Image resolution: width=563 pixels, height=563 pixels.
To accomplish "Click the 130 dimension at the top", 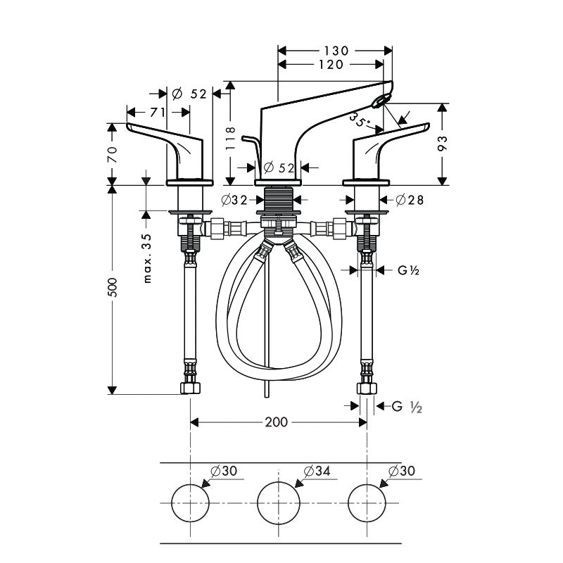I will pos(336,50).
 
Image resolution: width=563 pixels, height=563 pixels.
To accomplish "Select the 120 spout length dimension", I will pos(329,65).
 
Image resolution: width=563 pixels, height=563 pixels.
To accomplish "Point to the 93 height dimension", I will pos(441,144).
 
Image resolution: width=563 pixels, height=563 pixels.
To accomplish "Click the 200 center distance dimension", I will pos(276,422).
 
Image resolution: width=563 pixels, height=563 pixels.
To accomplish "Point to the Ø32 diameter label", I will pos(234,201).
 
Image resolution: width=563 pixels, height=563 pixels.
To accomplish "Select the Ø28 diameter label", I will pos(410,201).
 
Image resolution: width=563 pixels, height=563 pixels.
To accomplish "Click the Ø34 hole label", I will pos(317,471).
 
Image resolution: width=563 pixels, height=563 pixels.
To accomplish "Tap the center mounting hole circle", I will pos(279,503).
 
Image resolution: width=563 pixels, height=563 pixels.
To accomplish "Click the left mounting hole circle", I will pos(191,503).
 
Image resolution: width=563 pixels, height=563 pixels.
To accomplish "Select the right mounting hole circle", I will pos(367,503).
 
